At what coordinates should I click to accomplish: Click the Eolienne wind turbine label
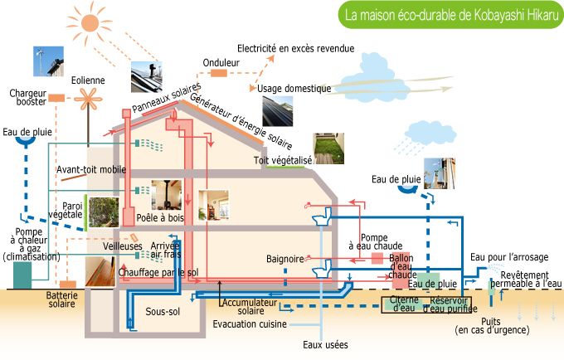click(88, 80)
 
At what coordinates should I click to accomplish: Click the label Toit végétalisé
click(283, 159)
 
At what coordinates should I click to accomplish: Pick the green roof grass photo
click(328, 147)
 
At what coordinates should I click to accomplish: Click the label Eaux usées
click(325, 344)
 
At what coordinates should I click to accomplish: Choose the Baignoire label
click(284, 259)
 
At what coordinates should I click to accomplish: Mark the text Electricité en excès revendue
click(296, 49)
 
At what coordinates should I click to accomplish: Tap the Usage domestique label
click(294, 89)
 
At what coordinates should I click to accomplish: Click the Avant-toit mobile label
click(91, 170)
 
